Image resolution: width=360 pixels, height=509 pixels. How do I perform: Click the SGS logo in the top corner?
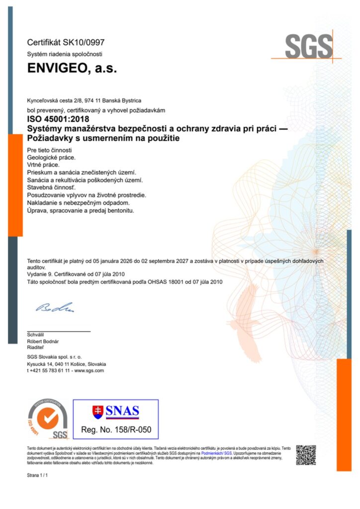tap(308, 47)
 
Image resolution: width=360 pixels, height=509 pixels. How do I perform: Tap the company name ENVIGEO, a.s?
tap(72, 69)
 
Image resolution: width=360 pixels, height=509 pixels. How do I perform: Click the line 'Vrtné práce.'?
tap(43, 165)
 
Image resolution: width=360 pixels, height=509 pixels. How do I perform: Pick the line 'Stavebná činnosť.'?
tap(51, 188)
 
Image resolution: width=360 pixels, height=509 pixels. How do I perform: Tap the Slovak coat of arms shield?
tap(98, 412)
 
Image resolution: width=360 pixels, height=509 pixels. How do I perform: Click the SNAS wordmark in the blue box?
tap(123, 412)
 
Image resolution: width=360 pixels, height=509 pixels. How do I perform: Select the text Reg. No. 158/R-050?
tap(116, 429)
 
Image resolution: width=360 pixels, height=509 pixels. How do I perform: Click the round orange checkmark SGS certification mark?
tap(47, 419)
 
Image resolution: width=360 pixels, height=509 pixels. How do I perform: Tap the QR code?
tap(306, 455)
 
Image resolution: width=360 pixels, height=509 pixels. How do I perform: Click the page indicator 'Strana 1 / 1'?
tap(37, 476)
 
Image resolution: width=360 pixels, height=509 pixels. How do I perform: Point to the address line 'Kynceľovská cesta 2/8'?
tap(56, 100)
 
